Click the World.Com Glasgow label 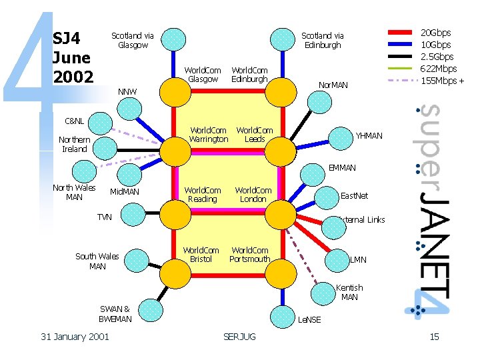click(203, 75)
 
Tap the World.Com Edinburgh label click(249, 75)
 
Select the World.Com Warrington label click(209, 135)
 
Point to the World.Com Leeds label click(255, 135)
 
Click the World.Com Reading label click(203, 195)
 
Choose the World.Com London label click(253, 195)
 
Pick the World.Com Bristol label click(201, 255)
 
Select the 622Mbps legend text click(438, 69)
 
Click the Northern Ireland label click(75, 145)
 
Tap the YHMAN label click(369, 136)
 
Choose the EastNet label click(354, 196)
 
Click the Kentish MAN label click(349, 293)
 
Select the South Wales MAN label click(97, 261)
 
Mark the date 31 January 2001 click(75, 337)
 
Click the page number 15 click(434, 337)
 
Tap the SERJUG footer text click(240, 337)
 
